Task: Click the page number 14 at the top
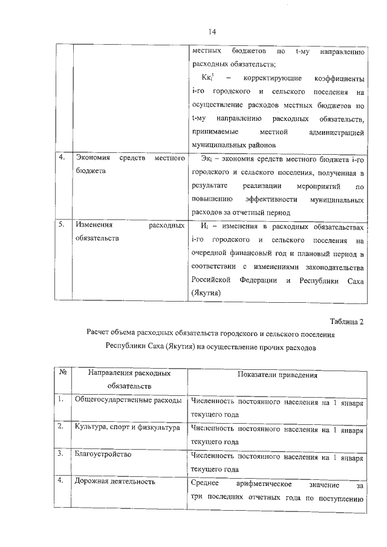coord(212,31)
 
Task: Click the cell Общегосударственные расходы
coord(128,400)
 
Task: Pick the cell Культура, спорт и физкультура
coord(127,427)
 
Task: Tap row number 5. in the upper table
coord(62,225)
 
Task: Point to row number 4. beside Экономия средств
coord(62,158)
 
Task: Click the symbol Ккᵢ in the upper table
coord(209,79)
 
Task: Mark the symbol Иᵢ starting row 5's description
coord(204,225)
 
